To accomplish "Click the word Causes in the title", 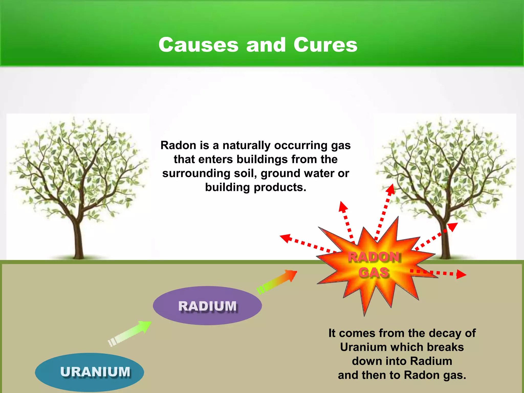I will point(198,45).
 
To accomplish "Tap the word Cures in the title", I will point(325,45).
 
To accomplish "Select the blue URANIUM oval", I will point(90,372).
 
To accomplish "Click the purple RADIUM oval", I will point(207,306).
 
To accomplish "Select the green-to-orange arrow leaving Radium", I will point(278,281).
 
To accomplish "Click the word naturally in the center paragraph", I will point(246,145).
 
